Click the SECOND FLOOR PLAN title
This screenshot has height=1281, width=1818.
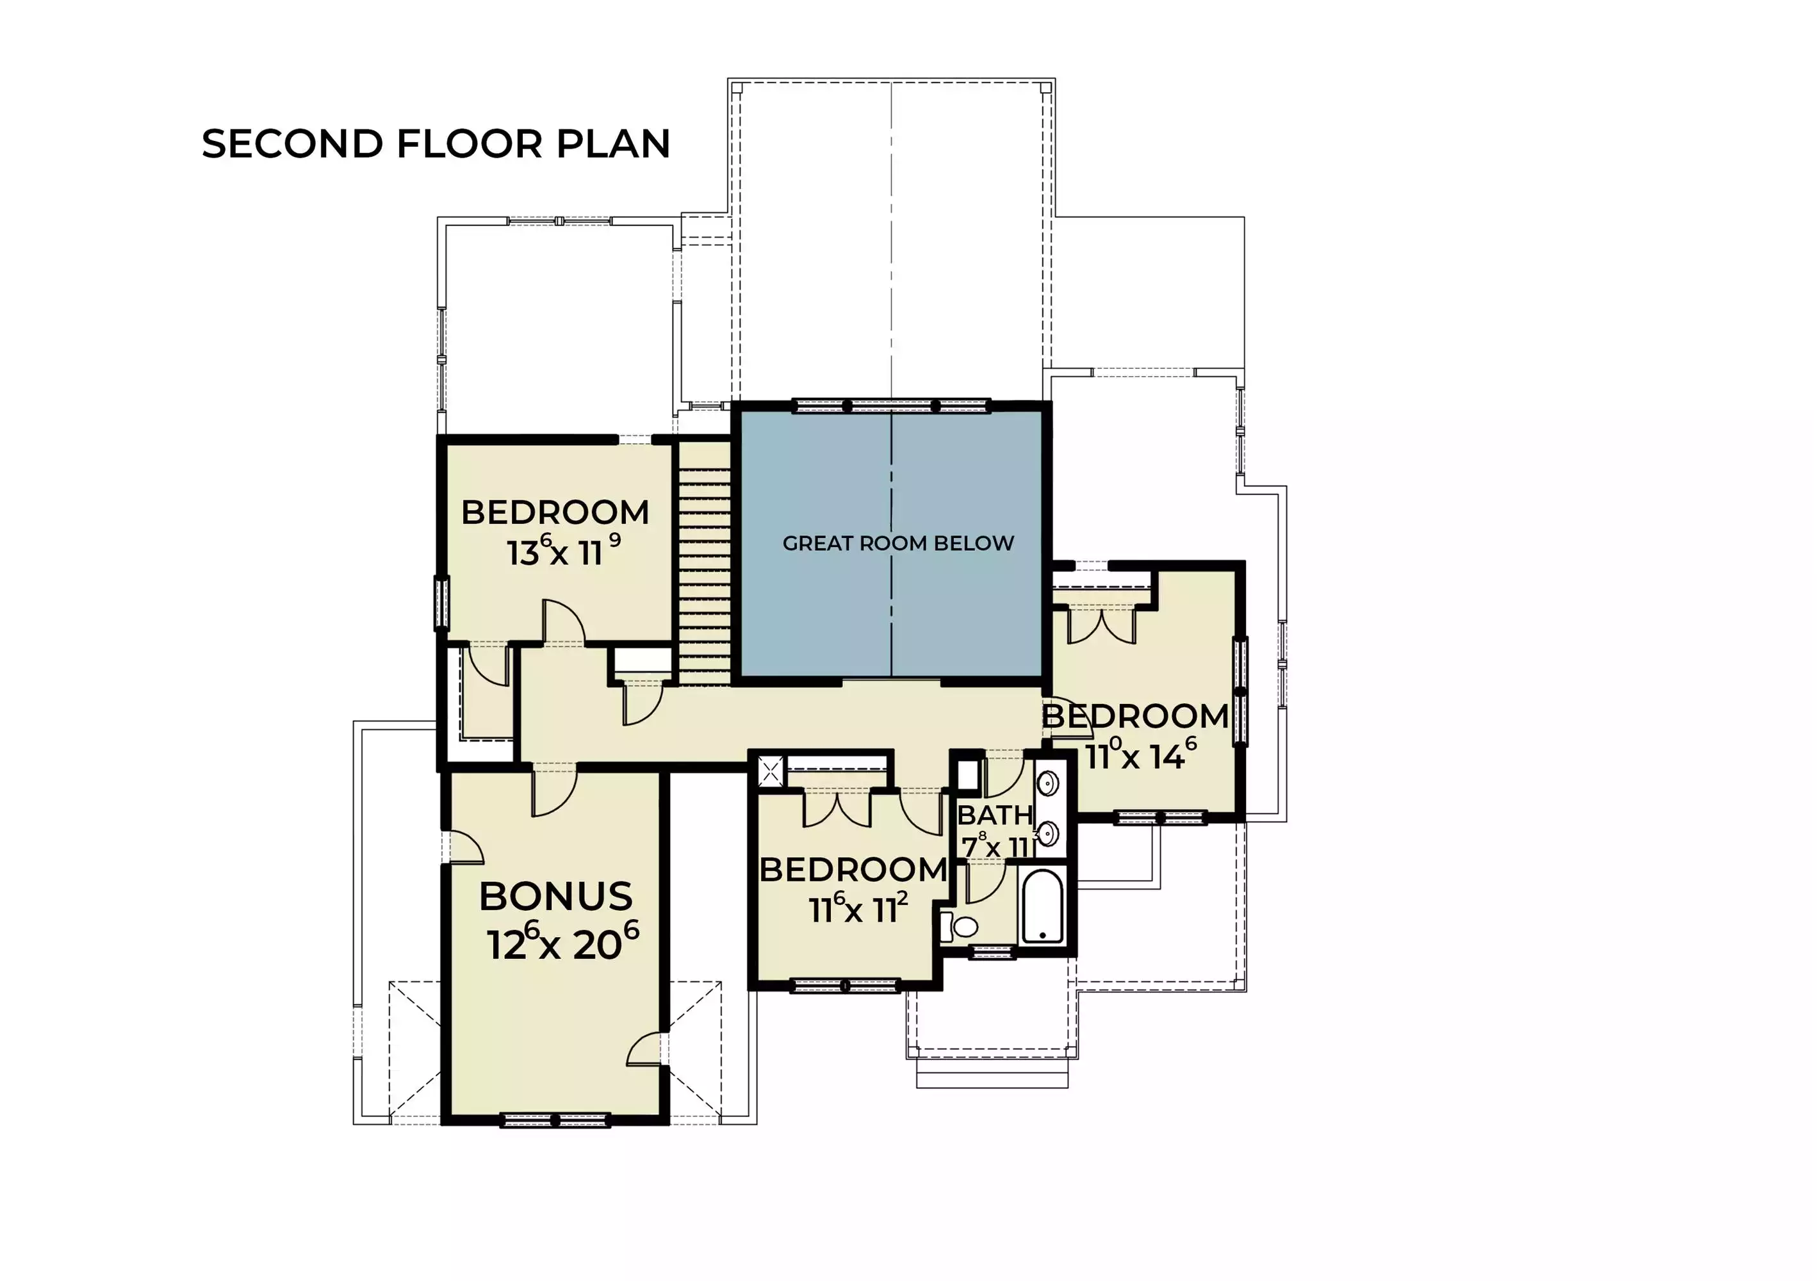click(x=436, y=144)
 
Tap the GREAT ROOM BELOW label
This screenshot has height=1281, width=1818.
click(x=898, y=543)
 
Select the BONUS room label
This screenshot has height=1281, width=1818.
click(x=556, y=897)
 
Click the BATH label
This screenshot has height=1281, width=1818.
click(x=995, y=815)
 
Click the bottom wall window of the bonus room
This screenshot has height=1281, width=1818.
click(x=555, y=1120)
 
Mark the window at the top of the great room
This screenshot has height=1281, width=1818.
click(x=892, y=406)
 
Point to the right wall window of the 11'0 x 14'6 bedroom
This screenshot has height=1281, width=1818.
click(x=1241, y=691)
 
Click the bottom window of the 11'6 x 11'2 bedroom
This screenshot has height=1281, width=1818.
click(x=845, y=986)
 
